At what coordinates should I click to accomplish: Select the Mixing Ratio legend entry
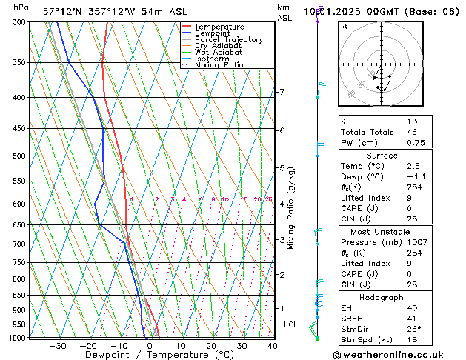pyautogui.click(x=219, y=65)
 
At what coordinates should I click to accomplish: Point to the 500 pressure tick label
pyautogui.click(x=19, y=156)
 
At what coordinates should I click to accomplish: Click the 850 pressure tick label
pyautogui.click(x=19, y=295)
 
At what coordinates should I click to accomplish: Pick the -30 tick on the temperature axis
pyautogui.click(x=57, y=346)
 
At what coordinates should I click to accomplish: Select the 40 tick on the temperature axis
pyautogui.click(x=273, y=346)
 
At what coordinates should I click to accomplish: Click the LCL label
pyautogui.click(x=291, y=324)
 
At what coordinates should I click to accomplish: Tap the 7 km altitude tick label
pyautogui.click(x=282, y=92)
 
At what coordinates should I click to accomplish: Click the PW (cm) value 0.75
pyautogui.click(x=411, y=144)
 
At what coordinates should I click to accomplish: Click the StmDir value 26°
pyautogui.click(x=412, y=329)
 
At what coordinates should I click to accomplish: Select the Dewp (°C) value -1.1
pyautogui.click(x=411, y=177)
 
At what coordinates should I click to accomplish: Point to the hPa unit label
pyautogui.click(x=21, y=7)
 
